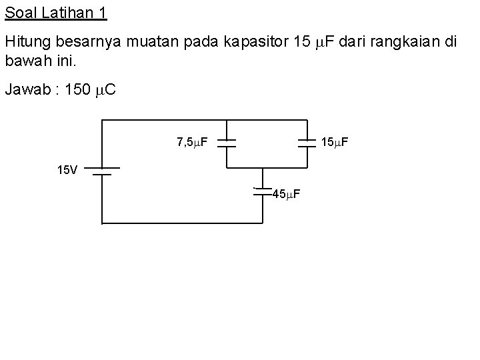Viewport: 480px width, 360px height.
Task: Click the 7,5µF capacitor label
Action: [x=192, y=142]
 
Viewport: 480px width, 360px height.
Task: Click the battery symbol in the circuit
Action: [x=101, y=171]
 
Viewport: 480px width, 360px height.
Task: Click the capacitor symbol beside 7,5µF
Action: [x=227, y=143]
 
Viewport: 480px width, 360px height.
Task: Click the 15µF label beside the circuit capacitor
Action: [x=335, y=142]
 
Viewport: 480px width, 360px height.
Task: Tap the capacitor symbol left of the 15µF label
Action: [x=307, y=143]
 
